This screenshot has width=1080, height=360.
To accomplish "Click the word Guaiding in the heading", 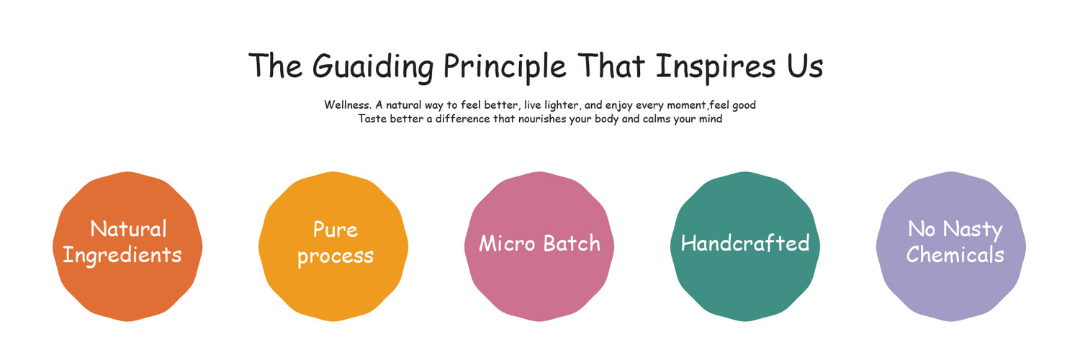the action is click(x=373, y=67).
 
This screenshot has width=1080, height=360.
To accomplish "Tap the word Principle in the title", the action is click(x=504, y=67).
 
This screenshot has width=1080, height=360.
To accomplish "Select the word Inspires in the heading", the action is click(x=716, y=67).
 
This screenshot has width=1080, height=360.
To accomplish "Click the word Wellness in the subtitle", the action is click(x=347, y=104).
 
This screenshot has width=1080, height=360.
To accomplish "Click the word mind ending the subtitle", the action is click(x=711, y=119).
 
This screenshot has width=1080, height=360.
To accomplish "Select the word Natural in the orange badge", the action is click(x=128, y=228).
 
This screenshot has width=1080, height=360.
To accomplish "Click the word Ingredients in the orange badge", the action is click(x=122, y=255).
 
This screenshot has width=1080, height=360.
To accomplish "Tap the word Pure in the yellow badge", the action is click(x=335, y=230).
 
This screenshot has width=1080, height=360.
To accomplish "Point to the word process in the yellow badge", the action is click(x=335, y=256).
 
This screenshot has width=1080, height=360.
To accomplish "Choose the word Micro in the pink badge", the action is click(x=507, y=243).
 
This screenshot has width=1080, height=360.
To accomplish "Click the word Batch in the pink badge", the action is click(x=572, y=243).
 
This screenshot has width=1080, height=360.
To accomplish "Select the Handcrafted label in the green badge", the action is click(x=745, y=243).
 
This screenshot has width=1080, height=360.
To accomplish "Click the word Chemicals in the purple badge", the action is click(x=955, y=254).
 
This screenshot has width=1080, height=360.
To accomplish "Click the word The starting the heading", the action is click(x=275, y=66).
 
